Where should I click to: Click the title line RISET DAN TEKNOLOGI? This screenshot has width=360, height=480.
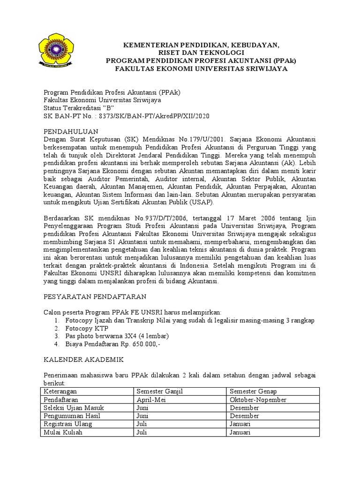pyautogui.click(x=201, y=53)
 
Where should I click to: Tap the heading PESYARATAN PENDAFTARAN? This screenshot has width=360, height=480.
pyautogui.click(x=95, y=297)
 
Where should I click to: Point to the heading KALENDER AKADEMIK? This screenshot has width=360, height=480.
pyautogui.click(x=83, y=360)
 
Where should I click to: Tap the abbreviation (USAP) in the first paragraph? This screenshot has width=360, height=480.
pyautogui.click(x=200, y=202)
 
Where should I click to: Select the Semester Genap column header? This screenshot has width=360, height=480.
pyautogui.click(x=253, y=391)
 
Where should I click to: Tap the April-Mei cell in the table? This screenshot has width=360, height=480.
pyautogui.click(x=150, y=399)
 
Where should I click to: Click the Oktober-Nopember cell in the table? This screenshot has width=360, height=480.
pyautogui.click(x=258, y=399)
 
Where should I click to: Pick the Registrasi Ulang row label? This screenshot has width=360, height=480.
pyautogui.click(x=67, y=424)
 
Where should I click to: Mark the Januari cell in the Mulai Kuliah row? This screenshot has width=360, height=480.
pyautogui.click(x=240, y=432)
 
